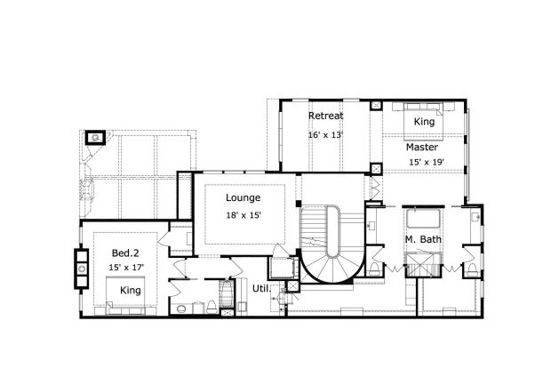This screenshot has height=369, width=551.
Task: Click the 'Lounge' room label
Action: click(x=243, y=197)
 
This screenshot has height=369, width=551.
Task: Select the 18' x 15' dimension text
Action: click(x=243, y=215)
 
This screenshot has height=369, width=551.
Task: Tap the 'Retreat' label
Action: click(x=325, y=116)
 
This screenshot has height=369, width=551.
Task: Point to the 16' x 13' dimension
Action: click(x=325, y=135)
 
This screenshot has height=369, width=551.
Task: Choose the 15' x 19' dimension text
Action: click(x=426, y=162)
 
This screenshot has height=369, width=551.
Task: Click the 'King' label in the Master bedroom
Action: click(x=424, y=121)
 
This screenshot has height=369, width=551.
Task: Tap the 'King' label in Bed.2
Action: click(x=130, y=291)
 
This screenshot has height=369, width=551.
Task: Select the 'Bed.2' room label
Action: click(x=124, y=252)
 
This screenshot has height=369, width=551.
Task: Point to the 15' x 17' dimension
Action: click(x=126, y=267)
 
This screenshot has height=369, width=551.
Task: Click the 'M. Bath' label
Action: click(x=423, y=241)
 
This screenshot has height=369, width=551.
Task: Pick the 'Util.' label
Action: click(x=260, y=288)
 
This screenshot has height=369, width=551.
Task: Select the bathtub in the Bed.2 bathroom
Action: click(x=228, y=297)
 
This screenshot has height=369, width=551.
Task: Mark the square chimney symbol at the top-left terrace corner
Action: click(x=95, y=138)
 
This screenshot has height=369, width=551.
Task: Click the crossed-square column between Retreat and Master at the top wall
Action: click(x=377, y=167)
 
